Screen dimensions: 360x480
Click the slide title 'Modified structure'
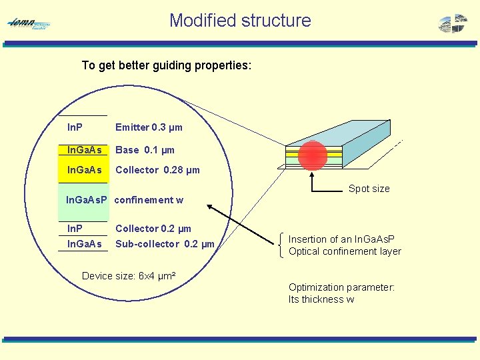point(240,20)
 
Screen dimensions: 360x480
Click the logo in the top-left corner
point(29,24)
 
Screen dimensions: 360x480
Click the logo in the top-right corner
point(453,23)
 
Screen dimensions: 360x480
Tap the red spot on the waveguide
point(312,155)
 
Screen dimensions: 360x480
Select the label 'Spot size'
point(369,189)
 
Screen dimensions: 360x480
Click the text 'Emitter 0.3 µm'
point(149,127)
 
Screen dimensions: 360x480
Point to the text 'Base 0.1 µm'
point(145,150)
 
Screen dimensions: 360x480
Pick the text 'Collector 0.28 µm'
point(157,170)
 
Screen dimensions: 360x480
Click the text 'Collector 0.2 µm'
point(153,229)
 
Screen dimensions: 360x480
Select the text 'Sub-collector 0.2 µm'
point(165,244)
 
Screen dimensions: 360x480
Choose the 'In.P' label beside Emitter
point(75,127)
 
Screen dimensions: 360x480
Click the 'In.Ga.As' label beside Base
point(84,150)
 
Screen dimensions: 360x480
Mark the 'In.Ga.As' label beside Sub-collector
point(84,244)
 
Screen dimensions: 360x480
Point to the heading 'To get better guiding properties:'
point(166,65)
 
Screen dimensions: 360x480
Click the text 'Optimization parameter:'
point(341,287)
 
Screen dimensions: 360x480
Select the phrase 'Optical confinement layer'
point(345,251)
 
